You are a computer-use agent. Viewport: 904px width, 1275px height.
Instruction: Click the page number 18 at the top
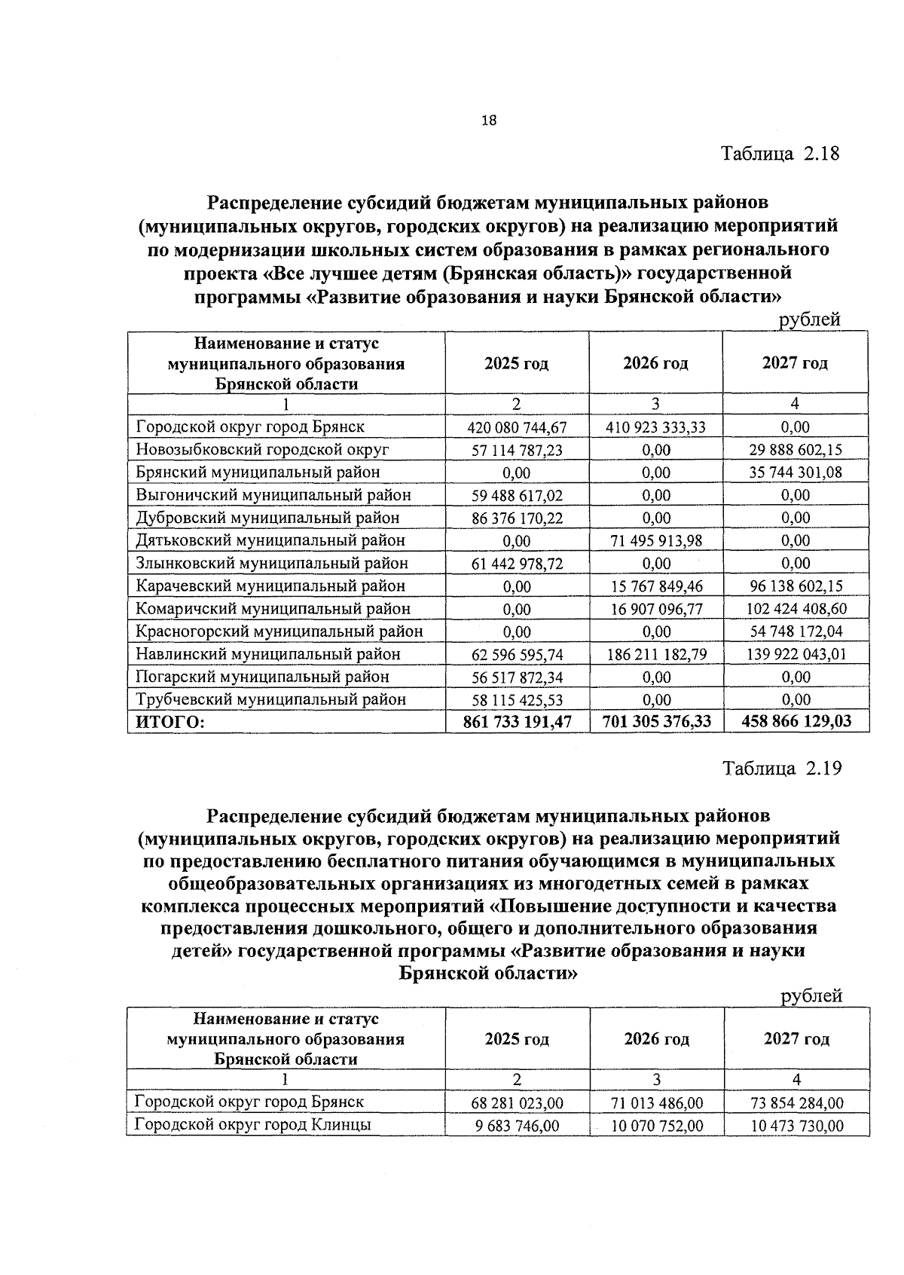tap(488, 120)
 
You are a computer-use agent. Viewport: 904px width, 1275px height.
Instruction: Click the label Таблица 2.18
tap(780, 154)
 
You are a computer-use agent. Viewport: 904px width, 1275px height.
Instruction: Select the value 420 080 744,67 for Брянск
tap(517, 427)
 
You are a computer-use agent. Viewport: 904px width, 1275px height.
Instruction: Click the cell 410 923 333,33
tap(656, 427)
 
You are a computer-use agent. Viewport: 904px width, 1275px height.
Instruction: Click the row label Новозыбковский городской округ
tap(262, 450)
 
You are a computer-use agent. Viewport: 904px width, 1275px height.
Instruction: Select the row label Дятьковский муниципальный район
tap(270, 540)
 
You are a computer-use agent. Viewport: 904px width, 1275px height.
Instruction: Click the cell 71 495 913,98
tap(656, 540)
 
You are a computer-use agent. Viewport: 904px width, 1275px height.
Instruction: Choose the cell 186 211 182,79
tap(656, 654)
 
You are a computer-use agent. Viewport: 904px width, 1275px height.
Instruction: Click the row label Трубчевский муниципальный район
tap(270, 699)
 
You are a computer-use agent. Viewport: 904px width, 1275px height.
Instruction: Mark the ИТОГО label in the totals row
tap(170, 722)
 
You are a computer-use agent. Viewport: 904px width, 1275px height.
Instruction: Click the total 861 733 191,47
tap(517, 722)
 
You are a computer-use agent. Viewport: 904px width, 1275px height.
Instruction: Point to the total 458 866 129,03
tap(796, 722)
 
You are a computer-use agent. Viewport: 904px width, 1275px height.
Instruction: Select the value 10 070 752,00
tap(656, 1126)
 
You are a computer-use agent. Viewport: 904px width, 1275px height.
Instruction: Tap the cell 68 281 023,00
tap(517, 1103)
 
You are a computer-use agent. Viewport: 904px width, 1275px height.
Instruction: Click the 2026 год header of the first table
tap(655, 363)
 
